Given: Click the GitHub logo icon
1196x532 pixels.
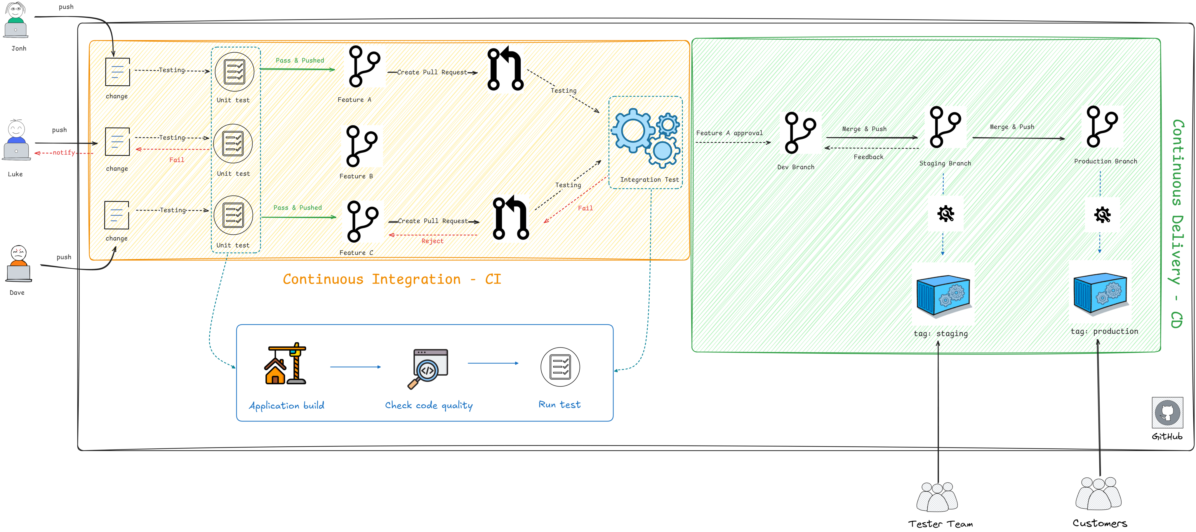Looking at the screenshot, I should (x=1167, y=412).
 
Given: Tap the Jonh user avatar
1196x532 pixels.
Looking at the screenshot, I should (x=16, y=20).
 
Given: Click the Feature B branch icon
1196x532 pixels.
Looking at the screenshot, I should (x=362, y=146).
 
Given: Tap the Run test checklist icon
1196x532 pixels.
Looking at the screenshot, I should (x=560, y=367).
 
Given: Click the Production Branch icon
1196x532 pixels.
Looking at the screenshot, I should (x=1102, y=126).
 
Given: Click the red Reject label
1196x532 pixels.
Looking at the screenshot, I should (x=432, y=241).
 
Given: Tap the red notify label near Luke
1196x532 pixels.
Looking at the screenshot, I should (x=64, y=152).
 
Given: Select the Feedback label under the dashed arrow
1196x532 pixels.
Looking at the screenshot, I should (x=868, y=157).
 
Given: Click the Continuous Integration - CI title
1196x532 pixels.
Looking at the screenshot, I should (x=392, y=279).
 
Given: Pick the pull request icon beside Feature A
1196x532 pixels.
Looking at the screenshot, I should (x=505, y=68).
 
